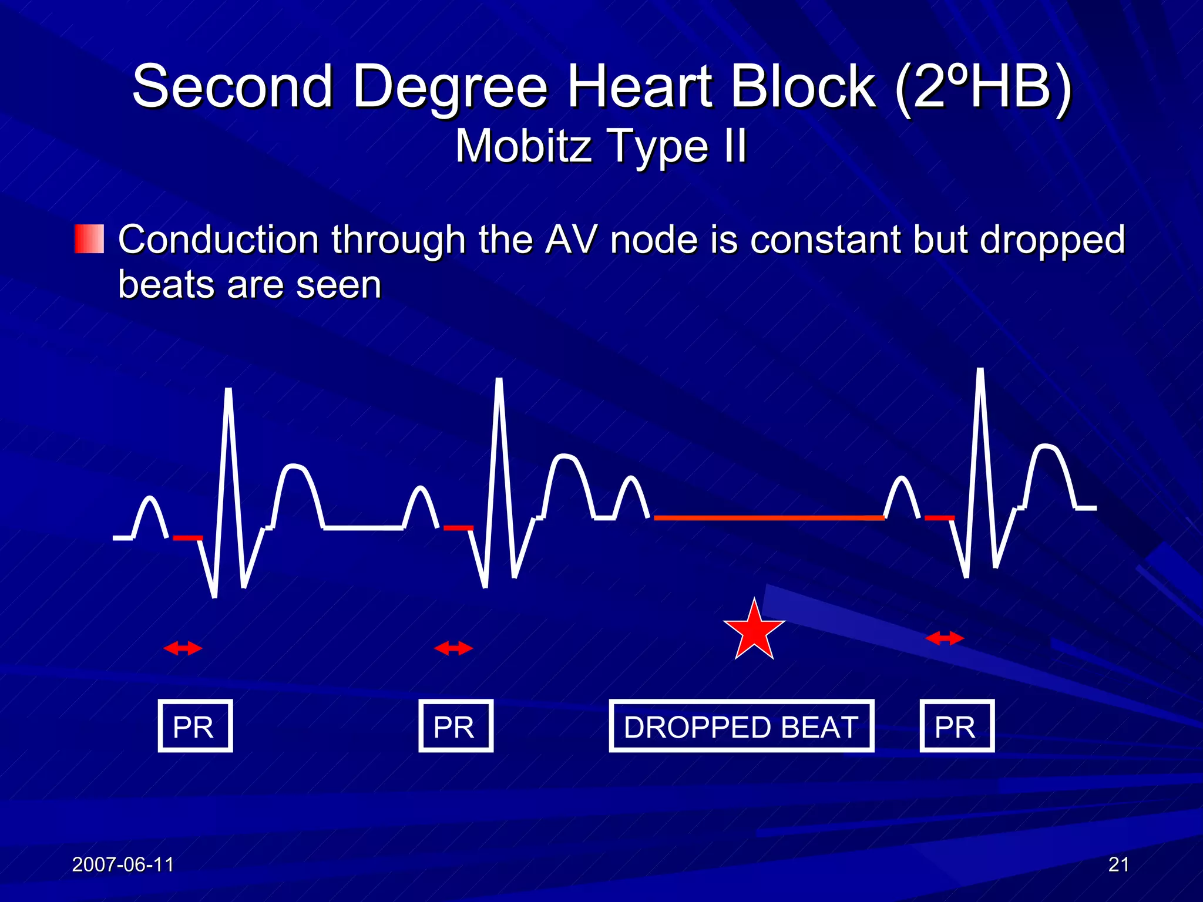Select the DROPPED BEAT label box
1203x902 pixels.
click(741, 726)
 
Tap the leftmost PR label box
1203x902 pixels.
click(195, 726)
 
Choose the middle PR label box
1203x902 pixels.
click(456, 726)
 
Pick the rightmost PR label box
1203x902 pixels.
click(957, 726)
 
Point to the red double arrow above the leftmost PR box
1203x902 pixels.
click(183, 648)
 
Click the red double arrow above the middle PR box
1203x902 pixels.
click(453, 648)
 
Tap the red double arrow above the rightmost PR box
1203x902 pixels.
click(945, 638)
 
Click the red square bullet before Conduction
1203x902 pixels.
click(89, 239)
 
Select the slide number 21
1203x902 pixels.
click(1118, 864)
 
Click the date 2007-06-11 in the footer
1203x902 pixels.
click(123, 864)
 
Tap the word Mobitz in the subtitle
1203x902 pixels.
click(525, 146)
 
